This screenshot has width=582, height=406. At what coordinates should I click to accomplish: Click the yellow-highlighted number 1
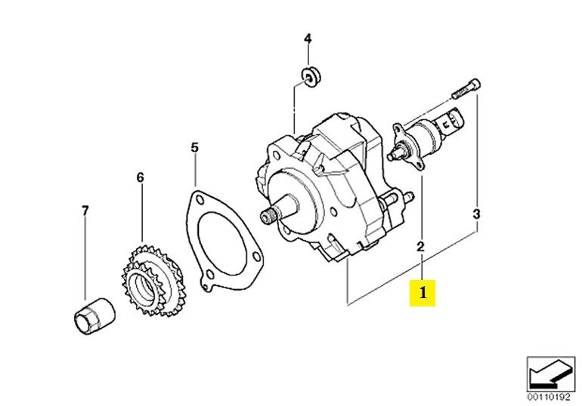pos(423,293)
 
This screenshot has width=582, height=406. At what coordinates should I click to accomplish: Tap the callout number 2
pos(420,246)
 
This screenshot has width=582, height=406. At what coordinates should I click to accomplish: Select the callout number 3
pos(477,214)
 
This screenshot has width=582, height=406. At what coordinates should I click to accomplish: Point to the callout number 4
pos(308,38)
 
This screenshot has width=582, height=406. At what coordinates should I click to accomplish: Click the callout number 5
pos(194,147)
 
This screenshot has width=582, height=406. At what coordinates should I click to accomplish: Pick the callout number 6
pos(140,178)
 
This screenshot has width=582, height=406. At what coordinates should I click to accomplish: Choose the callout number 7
pos(85,211)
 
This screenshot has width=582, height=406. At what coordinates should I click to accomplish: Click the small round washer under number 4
pos(311,77)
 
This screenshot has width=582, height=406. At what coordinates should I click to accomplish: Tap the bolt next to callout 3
pos(466,88)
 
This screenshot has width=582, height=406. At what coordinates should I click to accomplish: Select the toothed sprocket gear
pos(152,280)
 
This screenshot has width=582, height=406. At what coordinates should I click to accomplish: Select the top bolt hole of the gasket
pos(200,200)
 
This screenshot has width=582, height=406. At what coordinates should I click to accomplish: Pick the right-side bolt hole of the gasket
pos(255,257)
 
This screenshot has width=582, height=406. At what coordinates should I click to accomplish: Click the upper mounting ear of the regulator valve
pos(398,128)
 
